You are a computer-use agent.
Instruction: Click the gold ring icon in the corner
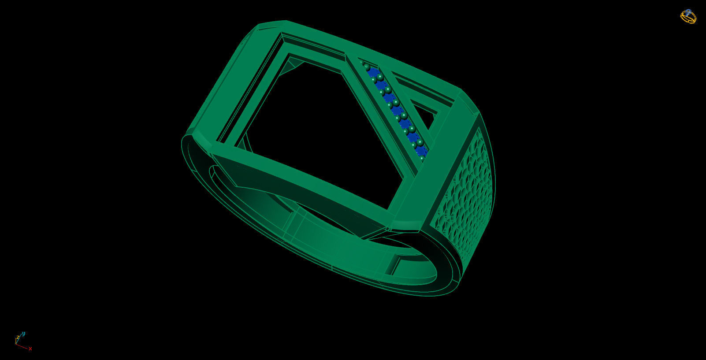click(x=688, y=16)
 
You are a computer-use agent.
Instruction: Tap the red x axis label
click(x=30, y=349)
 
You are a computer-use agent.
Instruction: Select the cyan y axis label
click(x=24, y=334)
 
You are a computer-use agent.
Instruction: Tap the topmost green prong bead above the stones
click(x=362, y=63)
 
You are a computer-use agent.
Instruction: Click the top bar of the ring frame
click(x=353, y=44)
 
